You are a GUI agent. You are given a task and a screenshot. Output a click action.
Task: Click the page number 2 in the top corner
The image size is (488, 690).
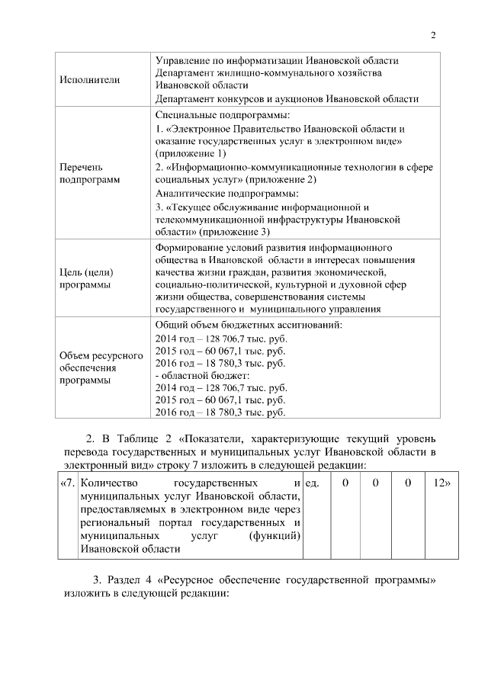433,35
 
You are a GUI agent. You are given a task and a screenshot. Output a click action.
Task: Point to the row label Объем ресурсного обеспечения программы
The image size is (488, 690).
91,368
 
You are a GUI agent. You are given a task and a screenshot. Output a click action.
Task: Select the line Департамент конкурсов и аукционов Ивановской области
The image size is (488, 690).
287,99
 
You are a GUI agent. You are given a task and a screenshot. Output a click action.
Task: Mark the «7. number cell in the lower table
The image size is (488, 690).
67,483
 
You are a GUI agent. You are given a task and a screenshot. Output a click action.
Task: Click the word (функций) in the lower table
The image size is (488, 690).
274,536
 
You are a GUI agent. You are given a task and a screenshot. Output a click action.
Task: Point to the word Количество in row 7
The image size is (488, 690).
108,483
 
